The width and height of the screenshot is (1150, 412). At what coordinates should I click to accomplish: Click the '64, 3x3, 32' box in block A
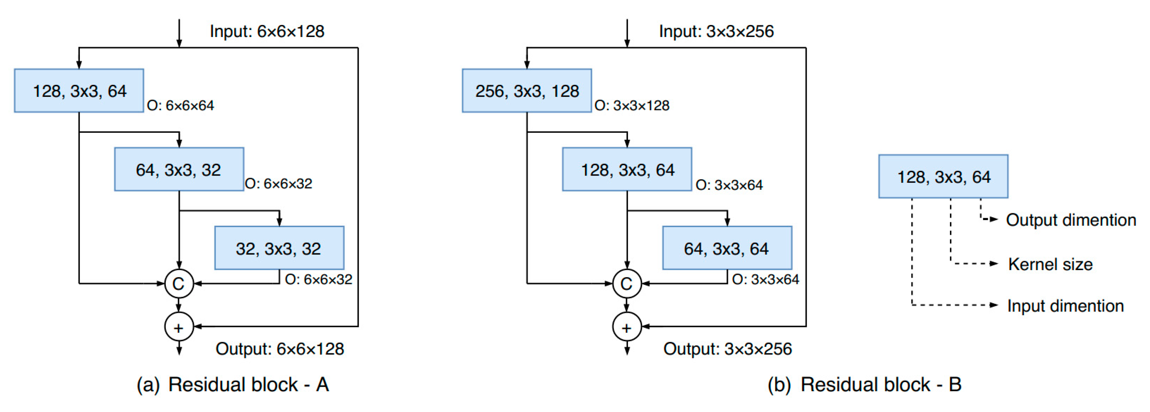179,169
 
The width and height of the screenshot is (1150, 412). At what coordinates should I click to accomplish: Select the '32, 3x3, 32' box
279,248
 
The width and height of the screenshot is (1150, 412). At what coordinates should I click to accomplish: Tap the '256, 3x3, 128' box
527,91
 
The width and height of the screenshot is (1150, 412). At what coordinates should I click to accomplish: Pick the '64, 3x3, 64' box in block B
727,248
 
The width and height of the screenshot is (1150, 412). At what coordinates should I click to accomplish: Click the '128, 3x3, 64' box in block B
627,169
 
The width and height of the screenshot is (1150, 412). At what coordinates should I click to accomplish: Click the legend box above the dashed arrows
943,177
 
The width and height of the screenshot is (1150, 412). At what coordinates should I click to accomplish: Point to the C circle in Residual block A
178,283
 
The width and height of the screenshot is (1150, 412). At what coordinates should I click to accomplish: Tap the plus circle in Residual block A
178,327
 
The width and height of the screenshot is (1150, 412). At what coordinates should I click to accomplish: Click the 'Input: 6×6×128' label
267,31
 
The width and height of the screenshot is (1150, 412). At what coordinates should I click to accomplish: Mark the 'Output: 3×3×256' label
727,348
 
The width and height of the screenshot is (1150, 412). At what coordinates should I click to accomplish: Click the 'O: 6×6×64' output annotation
180,106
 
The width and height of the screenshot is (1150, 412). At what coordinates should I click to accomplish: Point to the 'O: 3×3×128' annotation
632,106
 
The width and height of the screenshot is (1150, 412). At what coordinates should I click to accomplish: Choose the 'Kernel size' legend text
1050,264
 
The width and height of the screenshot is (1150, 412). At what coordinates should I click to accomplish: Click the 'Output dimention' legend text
1070,220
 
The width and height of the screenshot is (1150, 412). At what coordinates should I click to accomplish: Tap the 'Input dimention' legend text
1065,306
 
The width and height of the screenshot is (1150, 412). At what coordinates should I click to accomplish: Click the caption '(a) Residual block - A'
233,384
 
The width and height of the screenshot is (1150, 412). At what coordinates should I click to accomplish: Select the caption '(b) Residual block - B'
864,384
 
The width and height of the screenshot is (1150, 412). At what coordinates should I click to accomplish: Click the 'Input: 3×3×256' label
716,31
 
